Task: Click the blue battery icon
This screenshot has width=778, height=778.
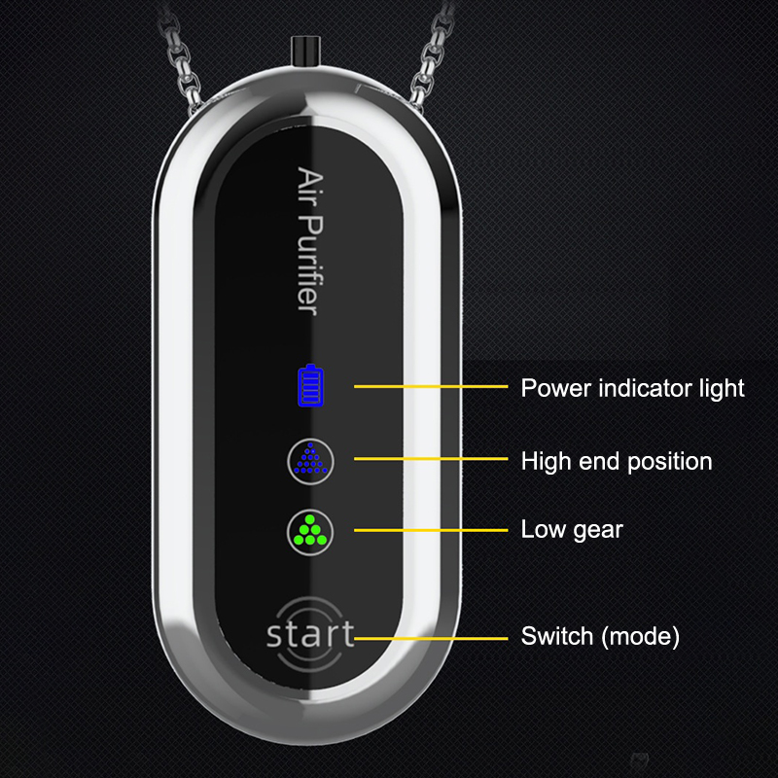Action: pyautogui.click(x=310, y=386)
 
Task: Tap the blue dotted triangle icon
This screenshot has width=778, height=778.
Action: pyautogui.click(x=310, y=458)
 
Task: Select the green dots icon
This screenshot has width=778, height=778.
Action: pyautogui.click(x=310, y=530)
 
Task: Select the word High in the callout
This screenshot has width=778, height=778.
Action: pyautogui.click(x=546, y=461)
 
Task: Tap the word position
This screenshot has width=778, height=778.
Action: pyautogui.click(x=670, y=462)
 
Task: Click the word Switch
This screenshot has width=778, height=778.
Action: pyautogui.click(x=556, y=636)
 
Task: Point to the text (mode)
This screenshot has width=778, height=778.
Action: pyautogui.click(x=640, y=637)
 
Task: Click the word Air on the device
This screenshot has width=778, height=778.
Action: pyautogui.click(x=310, y=187)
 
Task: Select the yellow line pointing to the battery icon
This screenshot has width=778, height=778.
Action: pyautogui.click(x=431, y=386)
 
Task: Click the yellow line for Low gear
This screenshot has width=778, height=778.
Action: pyautogui.click(x=431, y=530)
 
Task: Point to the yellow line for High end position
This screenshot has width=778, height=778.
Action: pyautogui.click(x=431, y=459)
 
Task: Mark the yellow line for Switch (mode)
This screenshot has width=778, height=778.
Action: pyautogui.click(x=431, y=638)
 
